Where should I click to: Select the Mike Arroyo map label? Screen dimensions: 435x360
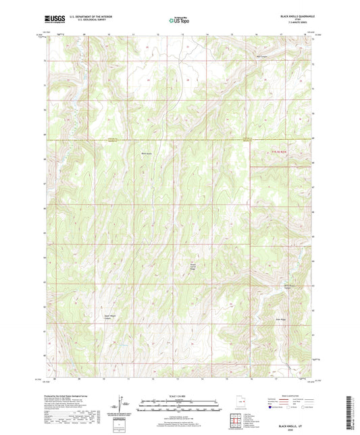pyautogui.click(x=145, y=154)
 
